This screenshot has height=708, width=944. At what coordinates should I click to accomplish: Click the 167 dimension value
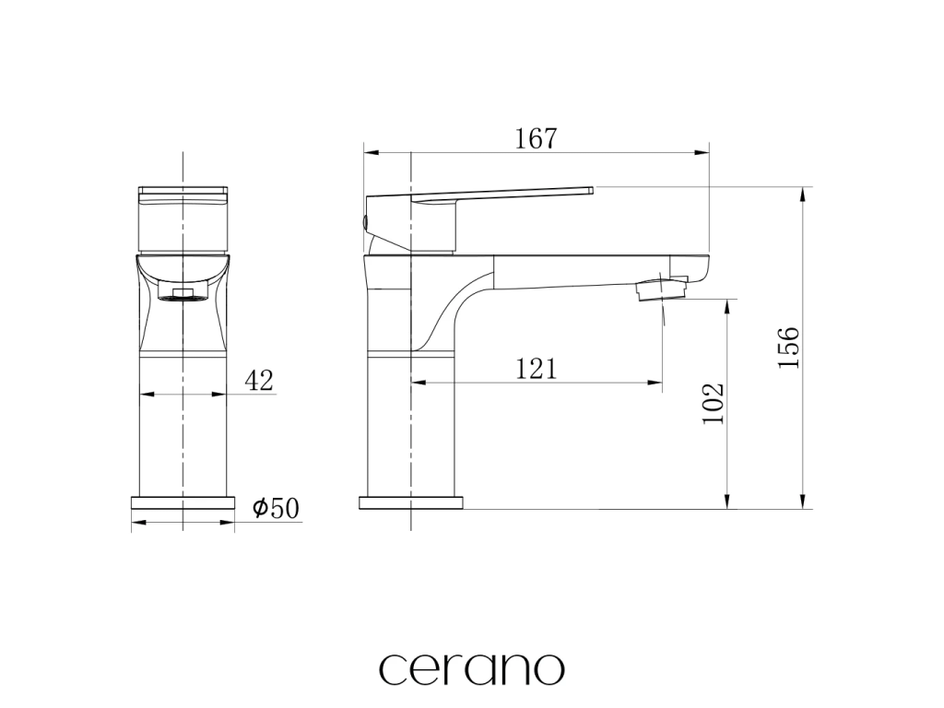point(537,138)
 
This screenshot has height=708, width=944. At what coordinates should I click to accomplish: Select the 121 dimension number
point(537,369)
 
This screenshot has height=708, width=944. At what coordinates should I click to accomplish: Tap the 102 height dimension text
point(714,403)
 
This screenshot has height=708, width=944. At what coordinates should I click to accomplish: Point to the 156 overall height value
point(789,348)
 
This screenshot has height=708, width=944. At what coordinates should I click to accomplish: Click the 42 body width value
point(259,380)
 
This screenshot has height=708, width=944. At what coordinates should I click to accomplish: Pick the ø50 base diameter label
point(276,508)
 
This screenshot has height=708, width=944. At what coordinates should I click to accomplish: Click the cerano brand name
point(472,667)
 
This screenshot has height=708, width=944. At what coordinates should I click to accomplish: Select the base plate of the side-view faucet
point(411,502)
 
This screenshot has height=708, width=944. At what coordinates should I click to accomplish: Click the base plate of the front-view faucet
point(183,502)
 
